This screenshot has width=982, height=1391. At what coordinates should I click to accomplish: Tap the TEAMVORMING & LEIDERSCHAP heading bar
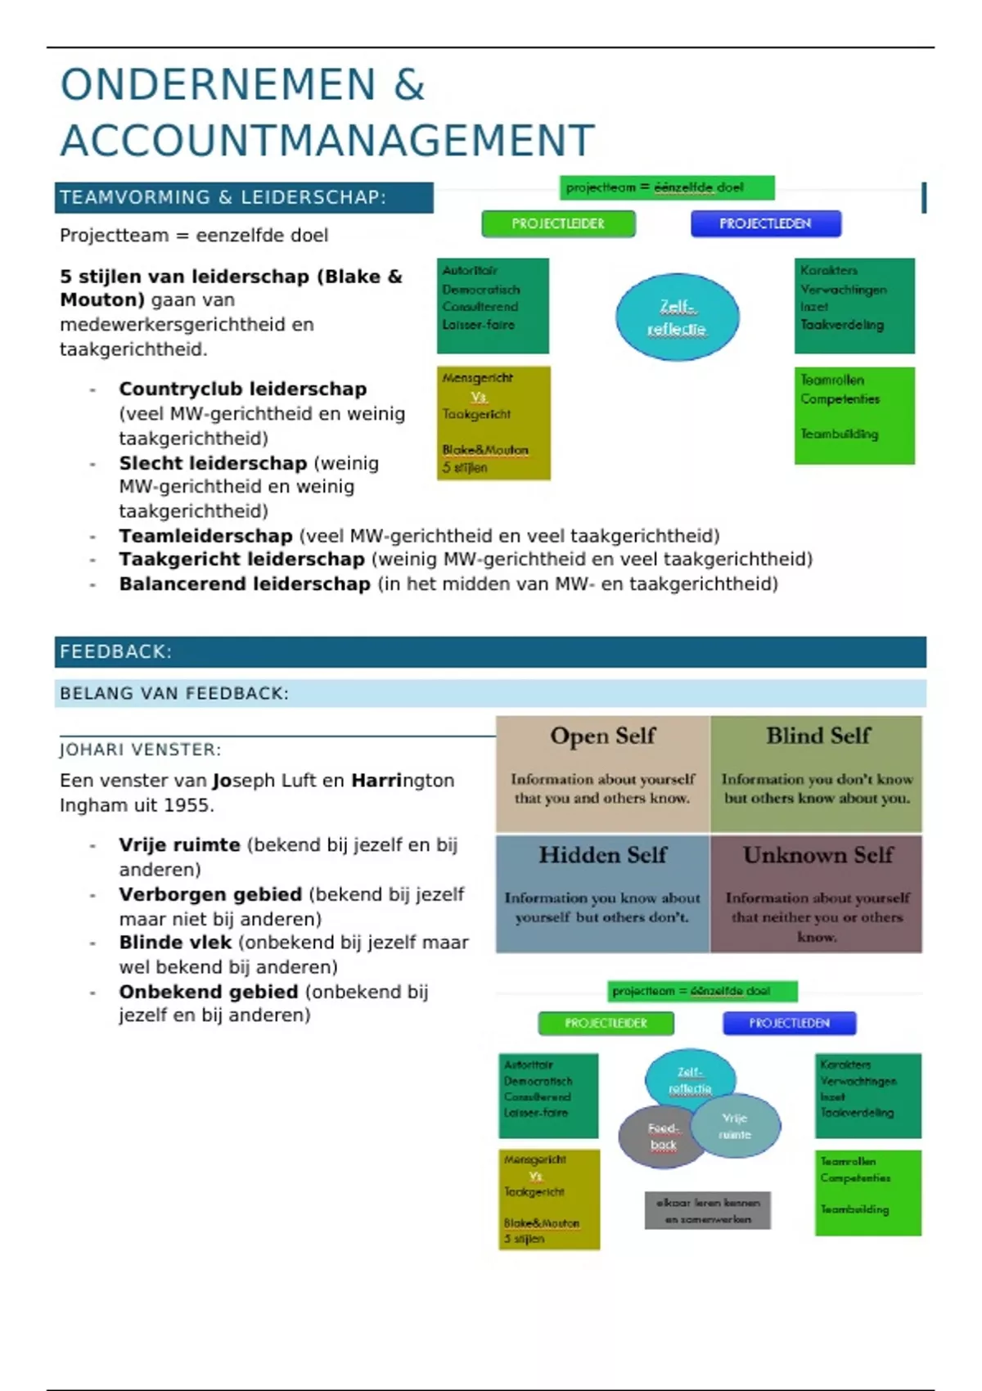(244, 197)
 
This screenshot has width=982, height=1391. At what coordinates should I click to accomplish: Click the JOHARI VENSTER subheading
(140, 750)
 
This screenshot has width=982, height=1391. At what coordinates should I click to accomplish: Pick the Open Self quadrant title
(602, 736)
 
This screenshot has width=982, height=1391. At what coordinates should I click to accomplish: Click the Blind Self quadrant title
(818, 736)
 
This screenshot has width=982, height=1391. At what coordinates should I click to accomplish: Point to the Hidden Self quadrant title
(602, 855)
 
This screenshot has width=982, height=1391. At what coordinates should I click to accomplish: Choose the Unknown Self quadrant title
(818, 855)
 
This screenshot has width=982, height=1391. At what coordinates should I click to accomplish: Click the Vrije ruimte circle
(736, 1126)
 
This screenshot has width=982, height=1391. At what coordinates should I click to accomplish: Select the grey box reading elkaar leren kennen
(708, 1210)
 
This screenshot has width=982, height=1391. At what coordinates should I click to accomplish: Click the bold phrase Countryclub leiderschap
(242, 389)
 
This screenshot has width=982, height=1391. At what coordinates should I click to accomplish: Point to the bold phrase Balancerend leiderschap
(244, 584)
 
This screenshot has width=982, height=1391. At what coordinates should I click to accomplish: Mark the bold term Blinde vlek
(175, 943)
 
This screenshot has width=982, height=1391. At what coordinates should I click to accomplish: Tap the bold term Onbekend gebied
(208, 992)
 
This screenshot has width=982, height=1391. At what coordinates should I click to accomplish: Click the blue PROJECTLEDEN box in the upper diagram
(765, 223)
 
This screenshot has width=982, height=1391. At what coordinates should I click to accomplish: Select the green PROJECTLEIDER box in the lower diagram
(606, 1023)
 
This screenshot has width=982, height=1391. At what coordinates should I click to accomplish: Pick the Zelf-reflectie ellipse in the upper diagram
(677, 317)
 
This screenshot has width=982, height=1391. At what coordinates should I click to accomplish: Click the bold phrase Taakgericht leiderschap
(241, 560)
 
